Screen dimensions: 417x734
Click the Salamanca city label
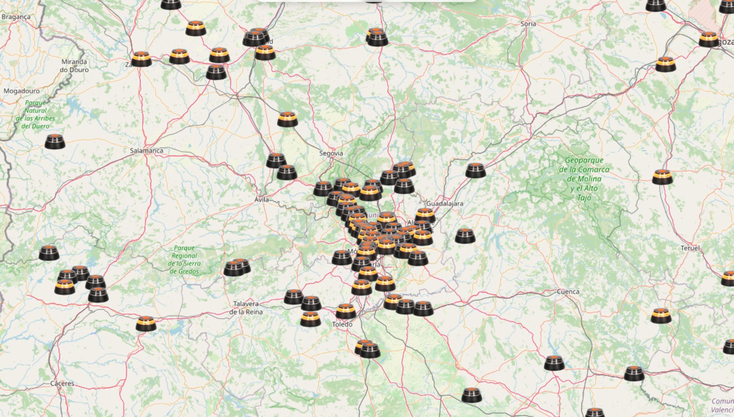click(x=146, y=151)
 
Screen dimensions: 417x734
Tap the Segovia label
click(x=331, y=153)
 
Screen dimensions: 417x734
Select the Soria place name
click(x=528, y=24)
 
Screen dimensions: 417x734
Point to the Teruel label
click(x=690, y=248)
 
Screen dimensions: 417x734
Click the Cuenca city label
click(x=568, y=292)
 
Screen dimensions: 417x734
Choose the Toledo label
click(x=342, y=324)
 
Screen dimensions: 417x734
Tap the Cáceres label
click(x=62, y=383)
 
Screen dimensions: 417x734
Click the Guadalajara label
click(x=444, y=203)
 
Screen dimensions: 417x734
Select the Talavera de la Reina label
click(x=246, y=308)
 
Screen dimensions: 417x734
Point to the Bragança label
click(x=16, y=17)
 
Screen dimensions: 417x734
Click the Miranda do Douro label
click(x=74, y=66)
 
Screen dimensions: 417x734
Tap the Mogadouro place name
click(x=22, y=91)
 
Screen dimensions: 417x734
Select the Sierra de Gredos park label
click(x=184, y=259)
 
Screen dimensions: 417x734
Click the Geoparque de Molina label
click(x=584, y=179)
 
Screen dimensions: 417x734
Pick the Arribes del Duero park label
click(x=36, y=114)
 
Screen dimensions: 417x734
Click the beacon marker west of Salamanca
click(x=55, y=142)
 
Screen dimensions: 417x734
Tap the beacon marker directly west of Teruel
click(x=662, y=177)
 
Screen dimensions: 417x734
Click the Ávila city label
click(x=262, y=200)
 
